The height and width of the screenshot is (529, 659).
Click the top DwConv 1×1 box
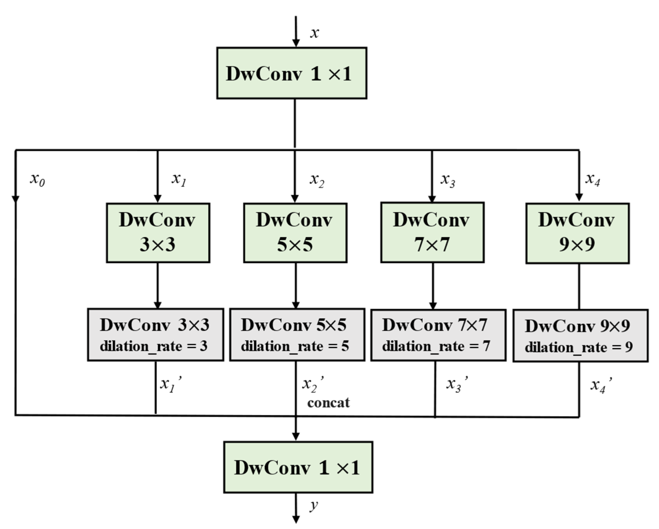click(292, 73)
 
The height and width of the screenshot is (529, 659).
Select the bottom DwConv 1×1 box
click(298, 467)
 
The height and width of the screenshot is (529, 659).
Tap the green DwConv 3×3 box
click(158, 233)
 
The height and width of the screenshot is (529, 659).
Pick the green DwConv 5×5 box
click(295, 233)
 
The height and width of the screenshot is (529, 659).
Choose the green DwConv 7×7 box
click(432, 232)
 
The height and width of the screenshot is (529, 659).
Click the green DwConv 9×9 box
click(577, 233)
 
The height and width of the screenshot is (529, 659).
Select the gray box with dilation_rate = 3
click(156, 335)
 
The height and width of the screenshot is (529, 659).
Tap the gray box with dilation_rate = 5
click(297, 335)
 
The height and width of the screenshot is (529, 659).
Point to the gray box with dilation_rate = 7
click(438, 335)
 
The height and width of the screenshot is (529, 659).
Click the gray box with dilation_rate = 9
click(580, 336)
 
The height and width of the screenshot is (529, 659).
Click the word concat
click(328, 403)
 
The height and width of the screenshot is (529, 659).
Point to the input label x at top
click(314, 33)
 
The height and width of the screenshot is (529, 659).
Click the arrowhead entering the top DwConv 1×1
click(296, 43)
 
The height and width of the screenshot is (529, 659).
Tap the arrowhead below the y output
click(296, 520)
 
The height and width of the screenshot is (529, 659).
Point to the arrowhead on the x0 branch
click(16, 198)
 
